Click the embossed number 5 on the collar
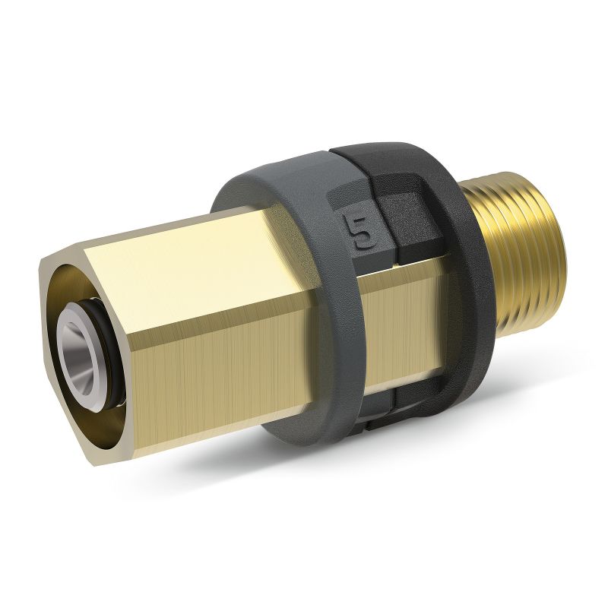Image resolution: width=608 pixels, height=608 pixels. (359, 232)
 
